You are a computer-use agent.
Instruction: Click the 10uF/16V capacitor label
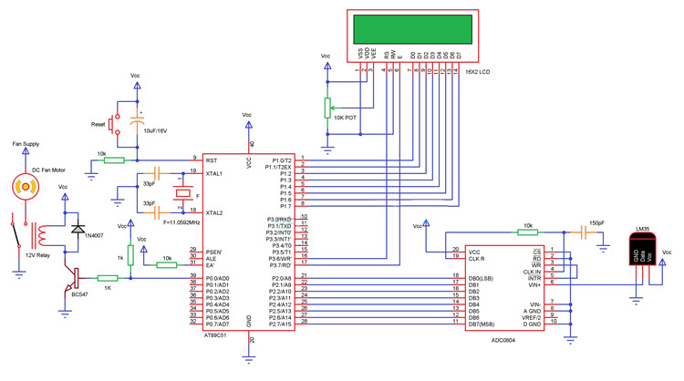click(x=161, y=132)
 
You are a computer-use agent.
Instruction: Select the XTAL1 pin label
click(x=214, y=173)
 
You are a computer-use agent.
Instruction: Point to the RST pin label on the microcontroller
click(x=211, y=160)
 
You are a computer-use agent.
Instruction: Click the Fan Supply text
click(x=26, y=144)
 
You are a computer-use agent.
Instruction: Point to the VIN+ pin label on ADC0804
click(x=532, y=283)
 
